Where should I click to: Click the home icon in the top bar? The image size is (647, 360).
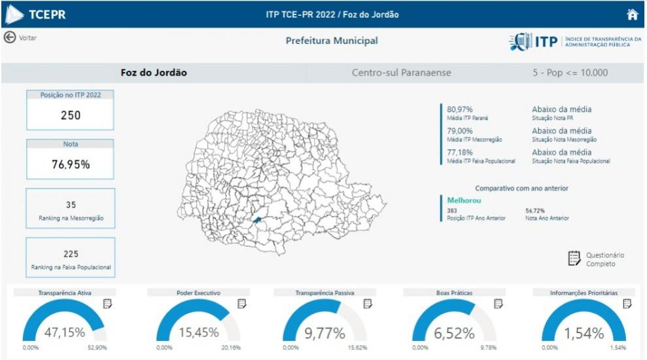(x=632, y=14)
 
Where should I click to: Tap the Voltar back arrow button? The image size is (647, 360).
(x=10, y=37)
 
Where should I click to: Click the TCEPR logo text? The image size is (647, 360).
(x=47, y=14)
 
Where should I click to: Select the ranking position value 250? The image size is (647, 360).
(x=71, y=116)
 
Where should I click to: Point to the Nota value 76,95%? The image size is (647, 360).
(x=71, y=164)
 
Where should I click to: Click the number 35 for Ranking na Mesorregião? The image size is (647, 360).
(x=71, y=205)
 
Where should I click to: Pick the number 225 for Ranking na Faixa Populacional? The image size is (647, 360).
(x=71, y=254)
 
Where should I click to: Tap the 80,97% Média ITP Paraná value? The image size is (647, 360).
(x=461, y=109)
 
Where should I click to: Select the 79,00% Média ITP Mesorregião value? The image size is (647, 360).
(x=461, y=131)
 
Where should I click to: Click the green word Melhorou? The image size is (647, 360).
(x=464, y=200)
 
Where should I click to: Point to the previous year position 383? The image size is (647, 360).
(x=452, y=211)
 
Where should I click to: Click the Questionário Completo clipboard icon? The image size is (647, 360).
(x=574, y=259)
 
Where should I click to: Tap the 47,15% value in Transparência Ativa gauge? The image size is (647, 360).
(x=64, y=333)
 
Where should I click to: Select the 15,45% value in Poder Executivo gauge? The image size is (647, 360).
(x=199, y=333)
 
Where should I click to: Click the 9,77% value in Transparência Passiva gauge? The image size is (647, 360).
(x=324, y=333)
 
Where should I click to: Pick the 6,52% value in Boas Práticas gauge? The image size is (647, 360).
(x=454, y=333)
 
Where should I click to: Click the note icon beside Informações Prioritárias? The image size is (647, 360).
(x=627, y=304)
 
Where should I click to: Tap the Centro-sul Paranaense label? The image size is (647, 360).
(x=401, y=73)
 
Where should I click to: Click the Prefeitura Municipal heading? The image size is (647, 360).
(x=332, y=41)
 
